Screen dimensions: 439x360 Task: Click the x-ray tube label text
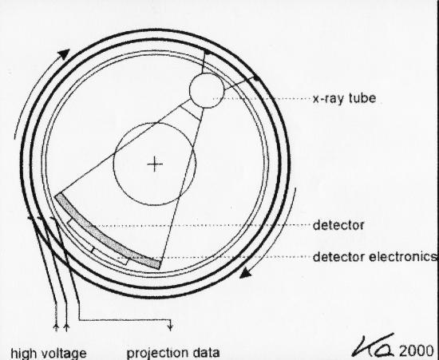point(344,98)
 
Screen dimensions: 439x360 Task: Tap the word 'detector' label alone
point(338,225)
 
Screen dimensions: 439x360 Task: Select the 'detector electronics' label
point(374,257)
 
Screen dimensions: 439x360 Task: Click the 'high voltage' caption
point(49,354)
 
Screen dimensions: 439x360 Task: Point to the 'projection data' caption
point(173,354)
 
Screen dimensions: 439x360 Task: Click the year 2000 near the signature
point(416,350)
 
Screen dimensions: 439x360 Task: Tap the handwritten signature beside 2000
point(374,345)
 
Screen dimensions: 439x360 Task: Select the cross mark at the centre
point(155,164)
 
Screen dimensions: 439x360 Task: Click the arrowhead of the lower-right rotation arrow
point(246,273)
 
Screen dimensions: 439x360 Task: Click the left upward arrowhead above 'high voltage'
point(56,327)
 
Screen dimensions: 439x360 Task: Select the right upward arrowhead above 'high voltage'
point(66,327)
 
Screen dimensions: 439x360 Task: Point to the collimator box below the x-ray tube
point(192,109)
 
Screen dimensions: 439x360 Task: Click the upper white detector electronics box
point(81,235)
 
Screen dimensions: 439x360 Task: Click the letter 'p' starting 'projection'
point(130,354)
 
